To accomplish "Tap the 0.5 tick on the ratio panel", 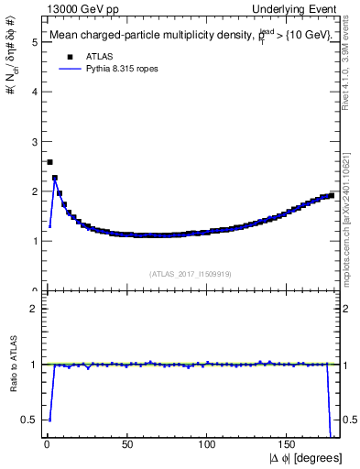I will pos(30,420).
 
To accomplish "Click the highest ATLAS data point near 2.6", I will pos(49,162).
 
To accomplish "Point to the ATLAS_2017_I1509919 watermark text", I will pos(191,273).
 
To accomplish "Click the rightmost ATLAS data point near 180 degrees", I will pos(332,195).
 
